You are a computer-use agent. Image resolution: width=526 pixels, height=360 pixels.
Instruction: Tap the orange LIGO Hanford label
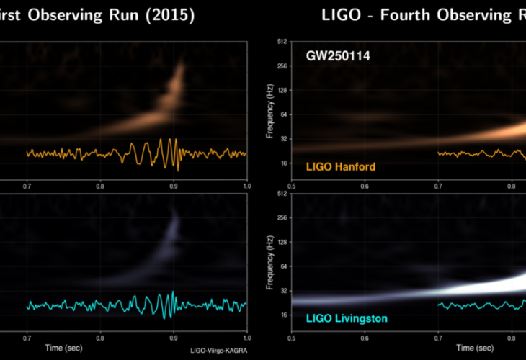(341, 167)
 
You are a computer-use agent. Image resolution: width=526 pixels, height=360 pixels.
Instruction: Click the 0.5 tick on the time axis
(291, 337)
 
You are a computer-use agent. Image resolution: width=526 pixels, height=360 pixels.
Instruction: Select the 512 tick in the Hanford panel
(283, 41)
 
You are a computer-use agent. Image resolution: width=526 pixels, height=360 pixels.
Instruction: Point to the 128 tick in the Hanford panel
(283, 91)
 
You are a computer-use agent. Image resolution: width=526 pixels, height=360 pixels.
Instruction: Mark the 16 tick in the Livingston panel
(284, 315)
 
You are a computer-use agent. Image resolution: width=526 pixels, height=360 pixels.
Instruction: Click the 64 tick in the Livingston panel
(284, 266)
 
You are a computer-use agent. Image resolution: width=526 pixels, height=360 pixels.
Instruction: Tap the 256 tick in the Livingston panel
(283, 217)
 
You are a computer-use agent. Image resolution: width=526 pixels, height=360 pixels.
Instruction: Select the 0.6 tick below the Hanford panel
(365, 186)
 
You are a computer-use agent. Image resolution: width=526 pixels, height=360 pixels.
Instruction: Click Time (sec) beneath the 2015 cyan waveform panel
(137, 348)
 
